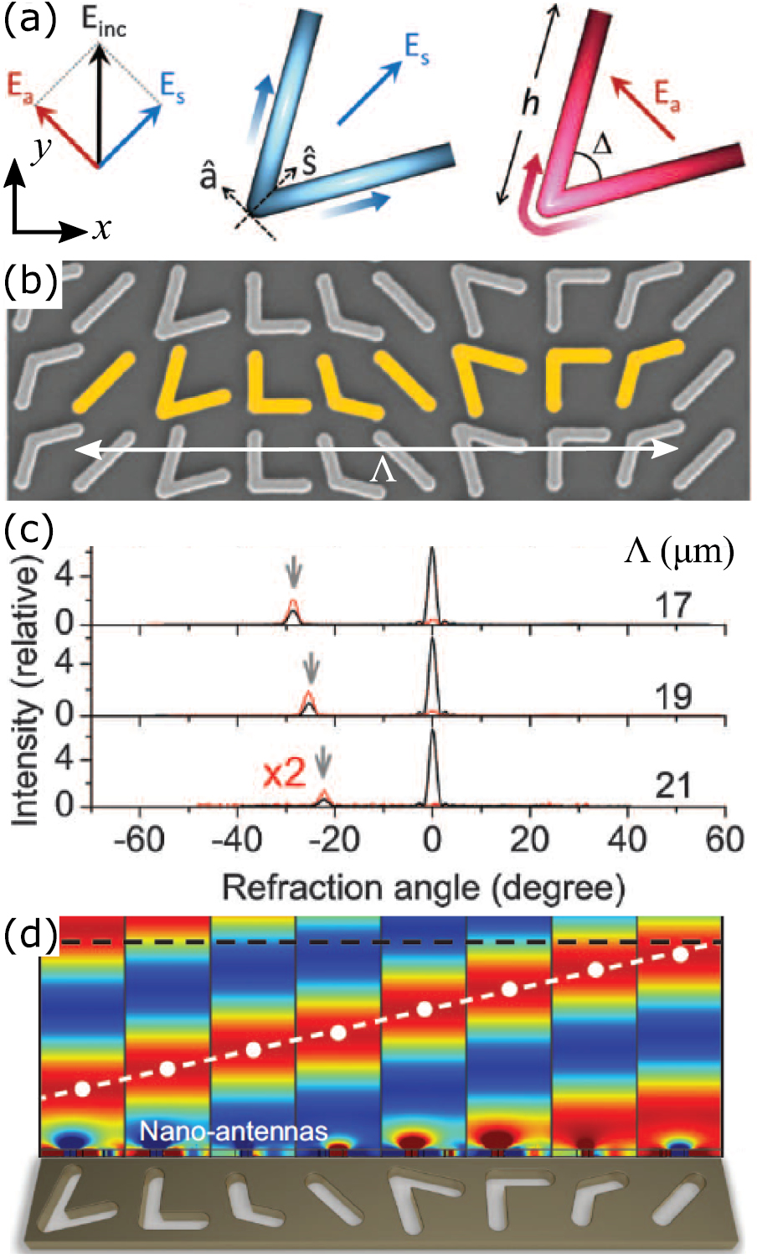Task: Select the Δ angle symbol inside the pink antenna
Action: pyautogui.click(x=601, y=145)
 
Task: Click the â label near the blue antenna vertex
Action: pyautogui.click(x=209, y=177)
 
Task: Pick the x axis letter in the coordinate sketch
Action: pyautogui.click(x=102, y=227)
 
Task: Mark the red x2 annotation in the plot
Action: pyautogui.click(x=284, y=774)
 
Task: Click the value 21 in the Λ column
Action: pyautogui.click(x=672, y=786)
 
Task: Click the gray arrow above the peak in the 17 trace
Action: pyautogui.click(x=293, y=575)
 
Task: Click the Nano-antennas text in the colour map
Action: pyautogui.click(x=233, y=1131)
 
